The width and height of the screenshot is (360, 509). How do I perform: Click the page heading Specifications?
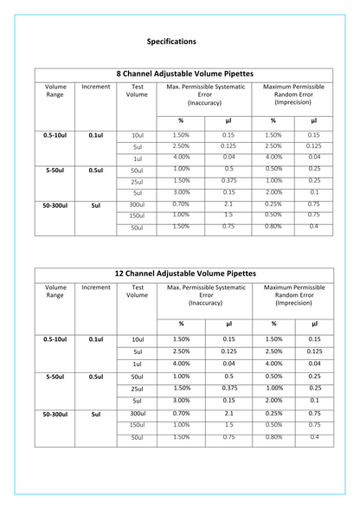click(x=171, y=41)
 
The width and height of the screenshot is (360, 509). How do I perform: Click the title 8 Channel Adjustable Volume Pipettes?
click(x=180, y=74)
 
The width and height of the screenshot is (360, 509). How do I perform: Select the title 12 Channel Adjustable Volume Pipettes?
click(x=180, y=273)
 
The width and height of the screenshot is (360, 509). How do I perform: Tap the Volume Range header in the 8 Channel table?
click(x=55, y=91)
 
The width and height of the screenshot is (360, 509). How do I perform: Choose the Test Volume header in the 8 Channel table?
click(x=137, y=91)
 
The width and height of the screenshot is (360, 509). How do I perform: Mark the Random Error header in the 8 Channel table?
click(x=293, y=94)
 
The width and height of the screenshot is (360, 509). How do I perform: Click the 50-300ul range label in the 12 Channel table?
click(x=55, y=415)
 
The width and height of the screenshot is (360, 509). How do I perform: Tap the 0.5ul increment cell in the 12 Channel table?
click(x=96, y=377)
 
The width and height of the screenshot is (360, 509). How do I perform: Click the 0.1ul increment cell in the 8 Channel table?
click(x=96, y=136)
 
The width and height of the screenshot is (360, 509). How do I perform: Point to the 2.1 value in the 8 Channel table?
click(x=228, y=203)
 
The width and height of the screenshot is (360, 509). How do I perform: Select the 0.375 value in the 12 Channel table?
click(x=228, y=389)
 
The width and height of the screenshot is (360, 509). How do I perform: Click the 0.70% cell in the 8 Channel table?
click(x=181, y=203)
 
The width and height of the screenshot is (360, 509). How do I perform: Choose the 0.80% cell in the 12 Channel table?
click(x=273, y=437)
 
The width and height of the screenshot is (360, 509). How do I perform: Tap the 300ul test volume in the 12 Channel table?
click(x=137, y=415)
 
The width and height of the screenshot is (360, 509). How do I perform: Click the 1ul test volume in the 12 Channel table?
click(x=137, y=364)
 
